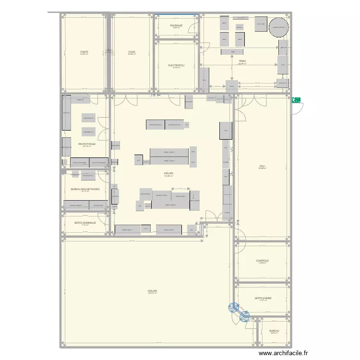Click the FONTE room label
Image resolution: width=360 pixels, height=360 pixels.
pyautogui.click(x=84, y=51)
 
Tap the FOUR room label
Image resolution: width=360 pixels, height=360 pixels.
pyautogui.click(x=132, y=51)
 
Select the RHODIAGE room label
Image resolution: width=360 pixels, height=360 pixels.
pyautogui.click(x=176, y=25)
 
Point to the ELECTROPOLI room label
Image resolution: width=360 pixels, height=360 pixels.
pyautogui.click(x=176, y=65)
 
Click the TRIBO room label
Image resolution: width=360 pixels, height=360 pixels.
pyautogui.click(x=242, y=61)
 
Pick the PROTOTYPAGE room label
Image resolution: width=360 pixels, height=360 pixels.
pyautogui.click(x=87, y=144)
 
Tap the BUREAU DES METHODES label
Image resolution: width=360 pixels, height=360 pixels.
pyautogui.click(x=85, y=189)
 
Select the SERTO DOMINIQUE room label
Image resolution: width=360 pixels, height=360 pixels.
pyautogui.click(x=85, y=223)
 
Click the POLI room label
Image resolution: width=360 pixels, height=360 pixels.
pyautogui.click(x=262, y=166)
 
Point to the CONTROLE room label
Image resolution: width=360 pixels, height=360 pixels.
pyautogui.click(x=262, y=261)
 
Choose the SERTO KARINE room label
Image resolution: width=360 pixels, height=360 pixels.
pyautogui.click(x=263, y=298)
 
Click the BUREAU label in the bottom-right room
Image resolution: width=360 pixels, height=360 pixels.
pyautogui.click(x=274, y=331)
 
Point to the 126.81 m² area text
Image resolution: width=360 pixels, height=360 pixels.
pyautogui.click(x=152, y=293)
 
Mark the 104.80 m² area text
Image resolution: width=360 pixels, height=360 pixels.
pyautogui.click(x=168, y=176)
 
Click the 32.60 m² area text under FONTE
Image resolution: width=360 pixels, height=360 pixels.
pyautogui.click(x=84, y=54)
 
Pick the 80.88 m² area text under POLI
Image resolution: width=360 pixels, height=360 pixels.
pyautogui.click(x=262, y=168)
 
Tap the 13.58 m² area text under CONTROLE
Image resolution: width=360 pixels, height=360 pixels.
pyautogui.click(x=262, y=263)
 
